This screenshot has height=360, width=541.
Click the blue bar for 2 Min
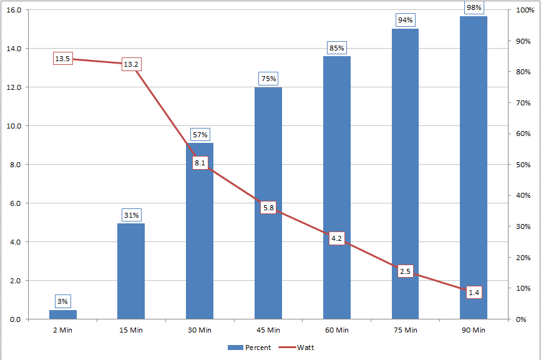pos(62,314)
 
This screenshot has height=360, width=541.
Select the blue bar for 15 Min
pos(131,271)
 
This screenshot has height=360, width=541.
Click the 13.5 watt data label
pos(63,59)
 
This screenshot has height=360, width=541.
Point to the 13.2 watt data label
pos(131,64)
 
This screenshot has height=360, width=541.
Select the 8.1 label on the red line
pos(200,163)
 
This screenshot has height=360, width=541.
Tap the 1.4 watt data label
pos(474,293)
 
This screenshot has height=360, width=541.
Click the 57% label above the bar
pos(200,135)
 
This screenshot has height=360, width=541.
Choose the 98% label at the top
pos(474,7)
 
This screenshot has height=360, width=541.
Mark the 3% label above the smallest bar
pos(62,301)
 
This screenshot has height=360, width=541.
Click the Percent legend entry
pos(249,348)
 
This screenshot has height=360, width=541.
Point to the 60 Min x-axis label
pos(337,329)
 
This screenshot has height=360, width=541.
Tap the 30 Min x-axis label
pos(200,329)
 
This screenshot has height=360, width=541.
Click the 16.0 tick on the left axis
pos(14,10)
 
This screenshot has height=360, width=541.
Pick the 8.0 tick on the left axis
pos(14,165)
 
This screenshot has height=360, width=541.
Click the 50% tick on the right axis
pos(520,165)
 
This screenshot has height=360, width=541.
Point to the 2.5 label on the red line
pos(406,271)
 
